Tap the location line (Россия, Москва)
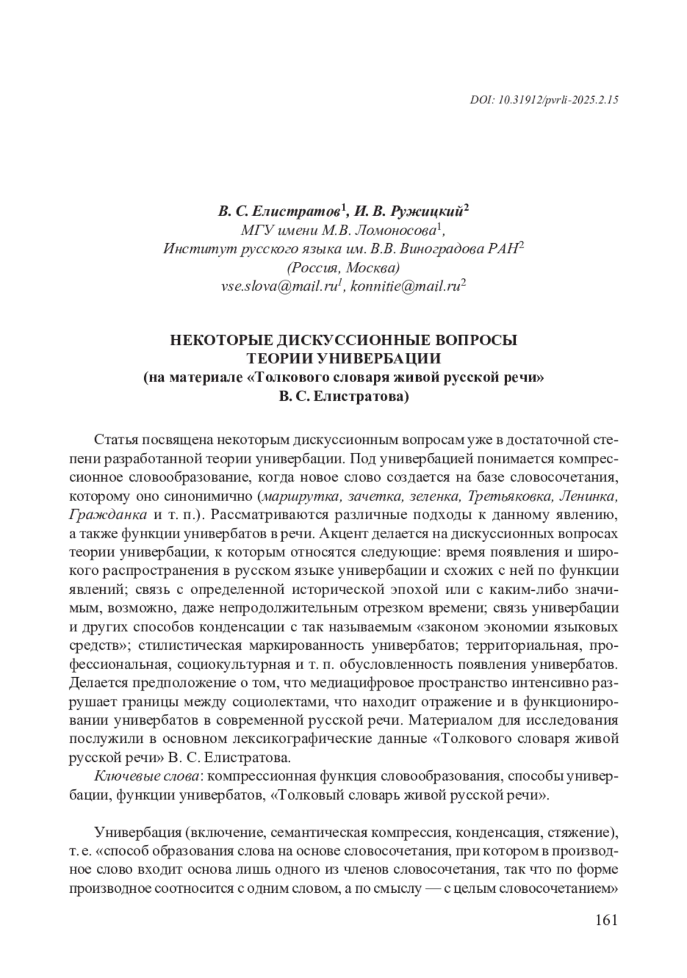(343, 268)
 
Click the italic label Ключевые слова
(147, 776)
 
